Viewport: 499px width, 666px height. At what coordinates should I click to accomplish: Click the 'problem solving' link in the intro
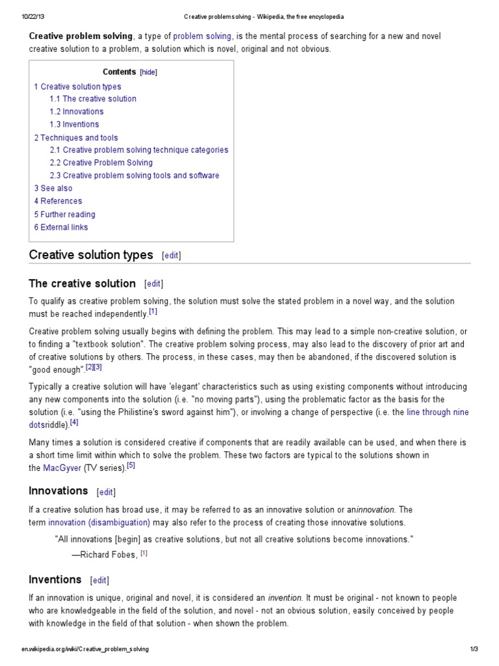pyautogui.click(x=202, y=36)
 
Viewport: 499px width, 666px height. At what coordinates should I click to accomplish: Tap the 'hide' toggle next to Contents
pyautogui.click(x=149, y=73)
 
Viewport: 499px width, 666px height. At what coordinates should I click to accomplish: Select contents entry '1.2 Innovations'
pyautogui.click(x=77, y=111)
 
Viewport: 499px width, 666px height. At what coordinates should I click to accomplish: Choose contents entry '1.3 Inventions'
pyautogui.click(x=74, y=124)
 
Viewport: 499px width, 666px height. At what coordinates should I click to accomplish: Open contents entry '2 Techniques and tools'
pyautogui.click(x=76, y=137)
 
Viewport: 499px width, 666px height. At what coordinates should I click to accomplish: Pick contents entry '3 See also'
pyautogui.click(x=53, y=188)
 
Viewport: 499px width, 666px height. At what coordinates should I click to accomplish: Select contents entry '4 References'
pyautogui.click(x=58, y=201)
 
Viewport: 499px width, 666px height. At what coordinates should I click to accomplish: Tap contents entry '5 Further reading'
pyautogui.click(x=64, y=214)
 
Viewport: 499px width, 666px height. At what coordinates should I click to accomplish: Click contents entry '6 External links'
pyautogui.click(x=61, y=227)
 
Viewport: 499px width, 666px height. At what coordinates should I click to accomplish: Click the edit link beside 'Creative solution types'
pyautogui.click(x=172, y=256)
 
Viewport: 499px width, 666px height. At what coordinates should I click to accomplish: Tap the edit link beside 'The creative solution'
pyautogui.click(x=154, y=284)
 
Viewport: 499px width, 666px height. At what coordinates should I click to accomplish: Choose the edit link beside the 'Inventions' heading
pyautogui.click(x=100, y=580)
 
